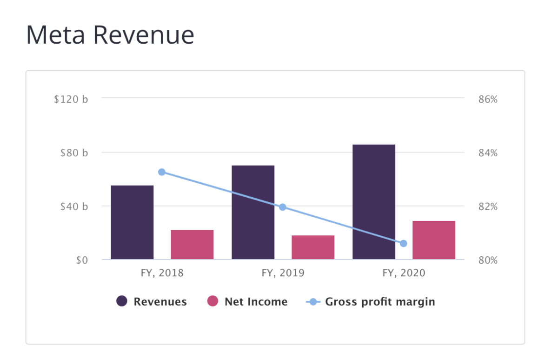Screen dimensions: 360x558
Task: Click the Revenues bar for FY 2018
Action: [x=132, y=222]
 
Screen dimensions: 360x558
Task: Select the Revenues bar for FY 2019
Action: [x=253, y=212]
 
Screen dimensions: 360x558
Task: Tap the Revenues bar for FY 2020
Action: [x=374, y=202]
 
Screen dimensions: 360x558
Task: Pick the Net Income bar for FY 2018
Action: [x=192, y=245]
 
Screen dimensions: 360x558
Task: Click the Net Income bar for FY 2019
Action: [x=313, y=247]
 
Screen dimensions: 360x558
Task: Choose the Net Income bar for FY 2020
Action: [x=434, y=240]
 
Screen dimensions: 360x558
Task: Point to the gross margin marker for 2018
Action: [x=162, y=172]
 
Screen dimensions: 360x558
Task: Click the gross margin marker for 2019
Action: [x=282, y=207]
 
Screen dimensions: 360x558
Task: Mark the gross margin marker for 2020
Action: [x=403, y=243]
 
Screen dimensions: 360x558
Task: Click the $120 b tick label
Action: [x=71, y=99]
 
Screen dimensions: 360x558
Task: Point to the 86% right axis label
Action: [x=488, y=99]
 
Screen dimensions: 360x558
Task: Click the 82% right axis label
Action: [x=488, y=207]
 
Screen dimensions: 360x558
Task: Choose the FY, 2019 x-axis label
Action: [x=283, y=273]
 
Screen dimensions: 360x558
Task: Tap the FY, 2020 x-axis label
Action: [x=404, y=273]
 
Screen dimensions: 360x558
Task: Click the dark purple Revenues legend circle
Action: [x=122, y=301]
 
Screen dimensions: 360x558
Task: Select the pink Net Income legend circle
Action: [x=213, y=301]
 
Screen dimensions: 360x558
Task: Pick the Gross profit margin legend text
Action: [x=380, y=301]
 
